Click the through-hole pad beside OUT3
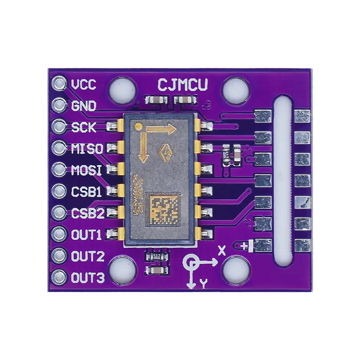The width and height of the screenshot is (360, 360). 59,278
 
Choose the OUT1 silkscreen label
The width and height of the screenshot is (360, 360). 86,235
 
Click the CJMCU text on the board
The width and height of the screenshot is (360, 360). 183,85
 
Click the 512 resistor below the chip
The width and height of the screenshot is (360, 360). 156,256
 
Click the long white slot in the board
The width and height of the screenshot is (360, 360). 283,180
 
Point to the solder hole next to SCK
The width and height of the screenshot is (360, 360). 59,126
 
